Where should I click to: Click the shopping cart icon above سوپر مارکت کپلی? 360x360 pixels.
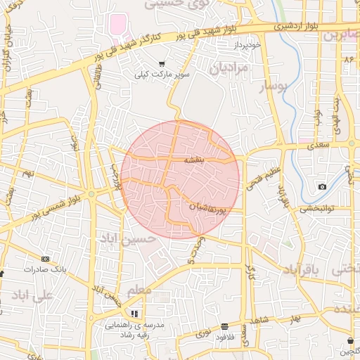(162, 63)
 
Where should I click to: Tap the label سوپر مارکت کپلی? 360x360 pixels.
(162, 73)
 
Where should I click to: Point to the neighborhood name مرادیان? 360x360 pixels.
(229, 68)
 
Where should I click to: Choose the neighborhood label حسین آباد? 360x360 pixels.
(124, 240)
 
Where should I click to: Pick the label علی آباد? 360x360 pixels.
(33, 295)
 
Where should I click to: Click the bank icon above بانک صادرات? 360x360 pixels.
(46, 259)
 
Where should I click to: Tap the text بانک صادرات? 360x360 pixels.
(44, 269)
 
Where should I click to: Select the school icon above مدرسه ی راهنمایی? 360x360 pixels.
(134, 314)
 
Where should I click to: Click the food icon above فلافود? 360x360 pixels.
(224, 326)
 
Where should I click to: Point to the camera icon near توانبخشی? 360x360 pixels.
(322, 186)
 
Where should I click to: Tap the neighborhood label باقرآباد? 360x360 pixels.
(302, 270)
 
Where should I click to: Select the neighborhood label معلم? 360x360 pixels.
(139, 290)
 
